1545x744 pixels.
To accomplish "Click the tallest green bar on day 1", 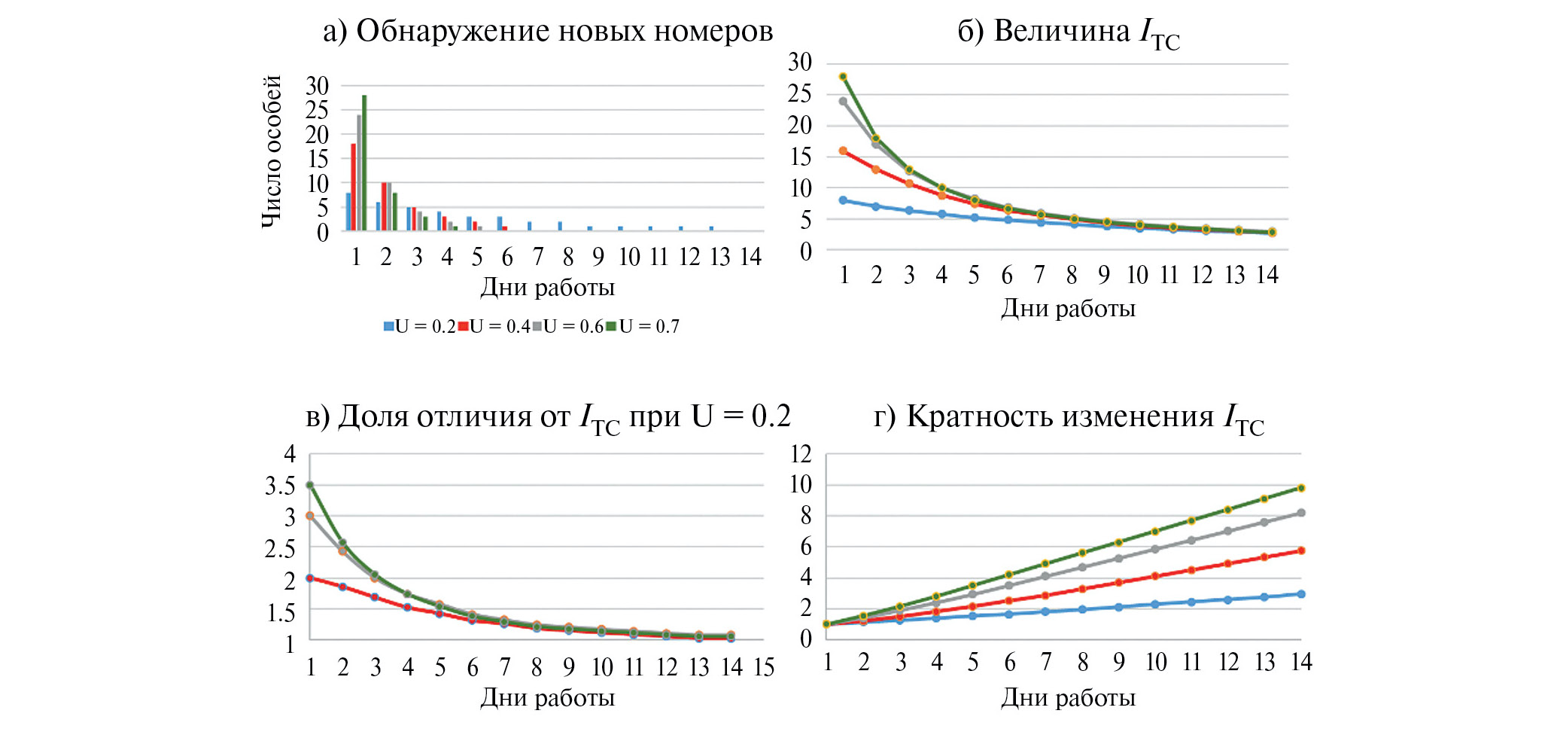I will (x=364, y=162).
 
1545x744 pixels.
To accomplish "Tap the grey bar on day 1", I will (x=359, y=172).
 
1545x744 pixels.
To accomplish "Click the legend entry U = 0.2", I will (x=419, y=327).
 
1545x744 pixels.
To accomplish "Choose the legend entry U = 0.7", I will (x=643, y=327).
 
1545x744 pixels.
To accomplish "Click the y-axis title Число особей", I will (x=272, y=151).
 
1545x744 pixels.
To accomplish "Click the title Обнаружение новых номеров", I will (x=548, y=32).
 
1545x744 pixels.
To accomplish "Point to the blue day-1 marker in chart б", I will (x=843, y=200).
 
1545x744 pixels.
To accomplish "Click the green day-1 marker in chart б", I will (x=843, y=77).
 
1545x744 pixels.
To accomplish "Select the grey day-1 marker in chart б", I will (x=843, y=101).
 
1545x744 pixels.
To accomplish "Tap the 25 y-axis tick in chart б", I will (x=799, y=94).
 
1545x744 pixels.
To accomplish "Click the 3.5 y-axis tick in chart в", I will (x=280, y=486).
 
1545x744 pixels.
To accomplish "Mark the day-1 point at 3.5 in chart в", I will (x=309, y=485).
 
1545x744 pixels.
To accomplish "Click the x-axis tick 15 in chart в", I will (x=764, y=667).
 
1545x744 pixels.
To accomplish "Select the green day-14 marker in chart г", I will (x=1300, y=488).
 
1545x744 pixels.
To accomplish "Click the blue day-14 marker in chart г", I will (x=1300, y=594).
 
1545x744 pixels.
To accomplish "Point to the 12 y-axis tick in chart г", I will (x=801, y=454).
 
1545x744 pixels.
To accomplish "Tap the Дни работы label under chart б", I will (x=1068, y=309).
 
